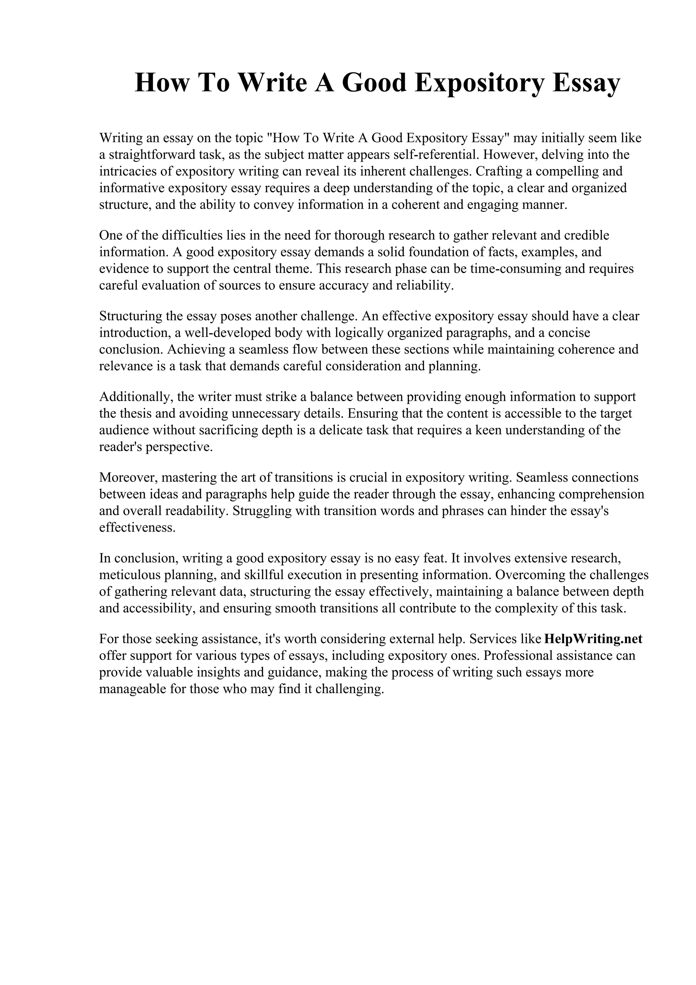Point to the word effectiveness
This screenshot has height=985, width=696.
tap(137, 528)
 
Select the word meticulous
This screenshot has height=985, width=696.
tap(129, 575)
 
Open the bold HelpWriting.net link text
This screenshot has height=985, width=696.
tap(593, 639)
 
